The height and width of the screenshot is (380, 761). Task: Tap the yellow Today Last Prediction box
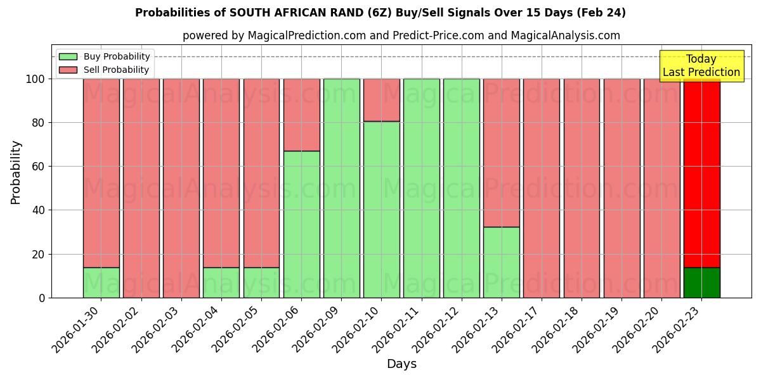(701, 66)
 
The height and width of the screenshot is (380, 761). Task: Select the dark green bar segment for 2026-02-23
(701, 282)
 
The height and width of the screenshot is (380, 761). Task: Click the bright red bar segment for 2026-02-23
(701, 171)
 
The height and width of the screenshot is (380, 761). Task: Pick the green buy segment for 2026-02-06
(301, 224)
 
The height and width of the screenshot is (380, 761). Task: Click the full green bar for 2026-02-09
(341, 188)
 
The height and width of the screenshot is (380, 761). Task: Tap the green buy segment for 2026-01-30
(101, 282)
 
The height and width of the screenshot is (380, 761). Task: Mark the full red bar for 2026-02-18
(582, 188)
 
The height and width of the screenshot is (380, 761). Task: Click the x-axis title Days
(401, 364)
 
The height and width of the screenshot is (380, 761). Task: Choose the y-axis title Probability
(16, 172)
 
